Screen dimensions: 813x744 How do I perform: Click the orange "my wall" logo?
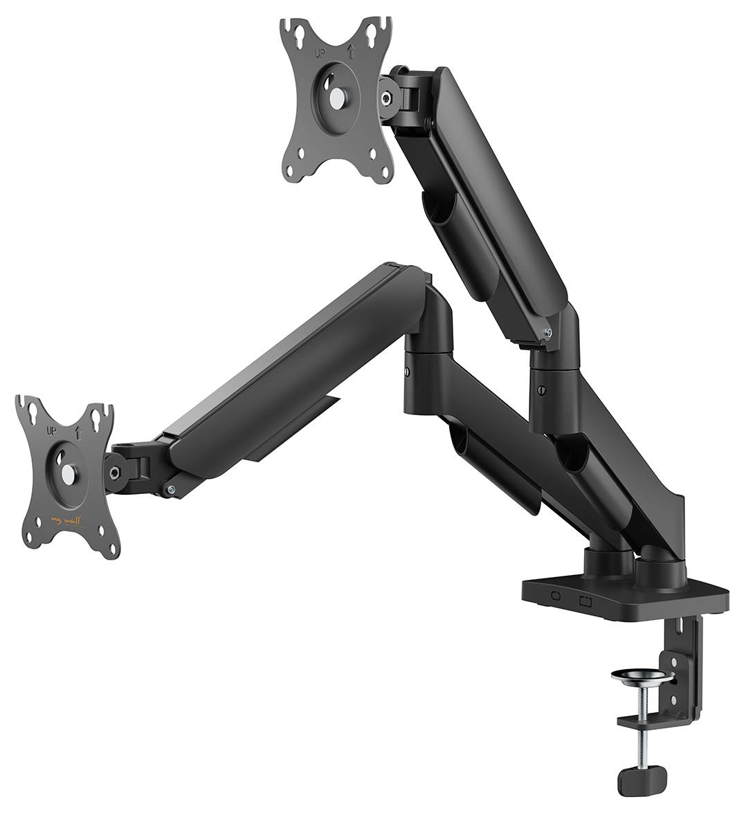point(67,518)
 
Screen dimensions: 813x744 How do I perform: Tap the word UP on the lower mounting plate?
point(52,430)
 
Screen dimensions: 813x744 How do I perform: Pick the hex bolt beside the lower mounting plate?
point(114,473)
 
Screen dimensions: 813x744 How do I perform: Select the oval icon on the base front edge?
point(555,595)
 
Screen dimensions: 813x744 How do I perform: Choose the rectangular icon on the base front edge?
point(585,599)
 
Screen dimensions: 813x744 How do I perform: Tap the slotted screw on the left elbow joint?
point(407,373)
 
